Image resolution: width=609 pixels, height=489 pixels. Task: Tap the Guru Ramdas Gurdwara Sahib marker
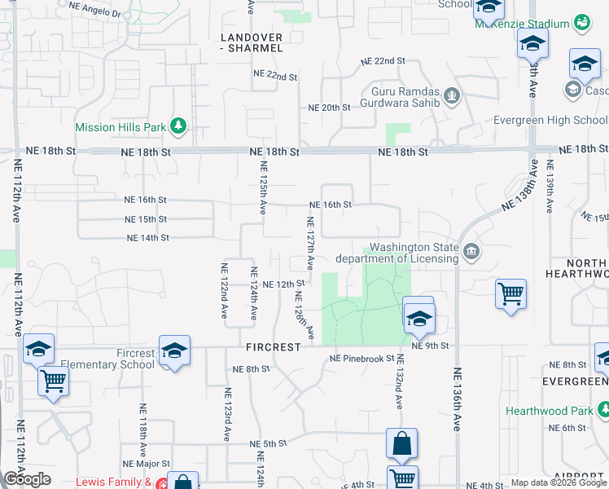pyautogui.click(x=453, y=98)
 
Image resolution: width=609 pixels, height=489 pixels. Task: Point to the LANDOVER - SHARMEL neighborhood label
pyautogui.click(x=252, y=43)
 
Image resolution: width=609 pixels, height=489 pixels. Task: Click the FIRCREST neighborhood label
pyautogui.click(x=274, y=346)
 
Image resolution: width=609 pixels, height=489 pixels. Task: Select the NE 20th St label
pyautogui.click(x=329, y=108)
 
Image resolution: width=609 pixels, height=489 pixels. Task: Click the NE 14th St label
pyautogui.click(x=147, y=238)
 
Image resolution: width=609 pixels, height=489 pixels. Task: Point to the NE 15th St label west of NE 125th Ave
pyautogui.click(x=146, y=219)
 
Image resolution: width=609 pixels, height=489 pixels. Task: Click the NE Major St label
pyautogui.click(x=147, y=464)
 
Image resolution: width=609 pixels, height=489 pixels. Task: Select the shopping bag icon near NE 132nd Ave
pyautogui.click(x=401, y=444)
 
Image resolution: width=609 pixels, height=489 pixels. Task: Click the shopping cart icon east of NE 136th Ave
pyautogui.click(x=510, y=293)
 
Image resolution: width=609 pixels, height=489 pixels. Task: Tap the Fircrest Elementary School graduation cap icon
pyautogui.click(x=174, y=350)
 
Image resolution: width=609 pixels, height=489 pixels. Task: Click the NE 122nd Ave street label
pyautogui.click(x=225, y=290)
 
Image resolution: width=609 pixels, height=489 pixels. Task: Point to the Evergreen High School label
pyautogui.click(x=550, y=120)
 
